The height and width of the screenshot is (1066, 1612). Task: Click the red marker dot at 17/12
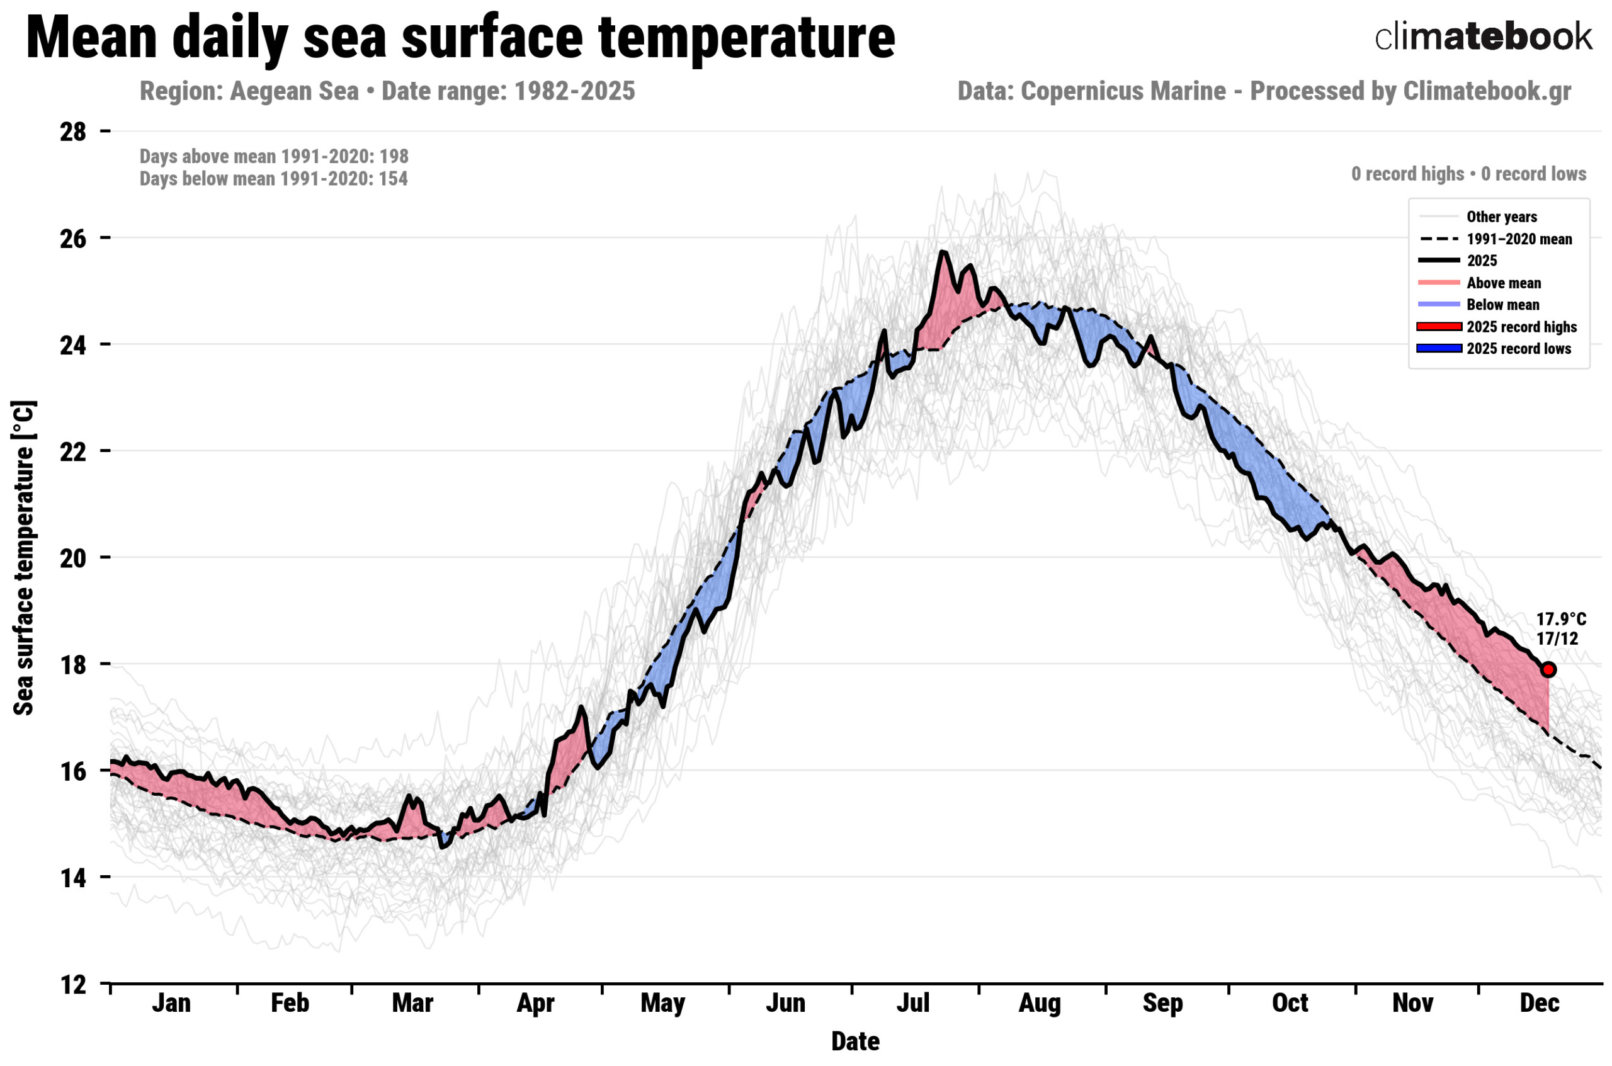[x=1549, y=670]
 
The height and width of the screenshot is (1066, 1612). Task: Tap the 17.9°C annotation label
[x=1560, y=620]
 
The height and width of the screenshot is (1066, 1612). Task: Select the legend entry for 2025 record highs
[x=1521, y=327]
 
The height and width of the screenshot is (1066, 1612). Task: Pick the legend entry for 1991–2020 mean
[x=1519, y=239]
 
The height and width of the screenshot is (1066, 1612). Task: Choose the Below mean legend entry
[x=1502, y=305]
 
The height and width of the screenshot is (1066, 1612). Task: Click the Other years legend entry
[x=1501, y=217]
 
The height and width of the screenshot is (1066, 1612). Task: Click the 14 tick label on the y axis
[x=74, y=878]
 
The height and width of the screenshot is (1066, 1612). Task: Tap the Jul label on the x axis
[x=912, y=1004]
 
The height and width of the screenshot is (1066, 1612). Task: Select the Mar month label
[x=412, y=1004]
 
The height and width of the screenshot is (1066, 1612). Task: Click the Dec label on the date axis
[x=1539, y=1004]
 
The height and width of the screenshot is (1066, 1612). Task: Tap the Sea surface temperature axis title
[x=24, y=557]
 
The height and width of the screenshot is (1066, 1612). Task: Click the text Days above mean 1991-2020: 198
[x=274, y=156]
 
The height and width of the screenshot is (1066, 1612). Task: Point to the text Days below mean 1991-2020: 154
[x=273, y=179]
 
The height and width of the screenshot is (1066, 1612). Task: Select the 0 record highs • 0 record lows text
[x=1468, y=174]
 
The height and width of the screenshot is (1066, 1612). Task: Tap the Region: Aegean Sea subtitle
[x=249, y=91]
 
